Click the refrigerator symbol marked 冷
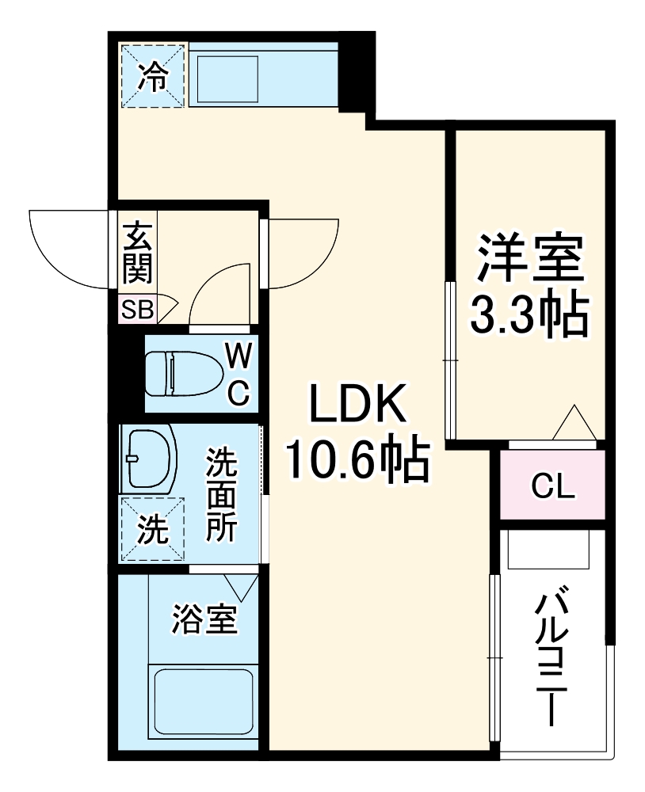(153, 76)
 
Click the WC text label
(239, 374)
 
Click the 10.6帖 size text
(357, 461)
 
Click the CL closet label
(552, 486)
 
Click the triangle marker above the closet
(574, 424)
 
